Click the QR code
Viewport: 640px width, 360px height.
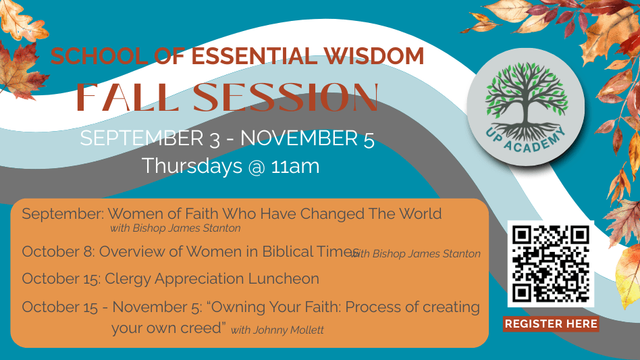pyautogui.click(x=551, y=263)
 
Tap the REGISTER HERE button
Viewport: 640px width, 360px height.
pyautogui.click(x=551, y=324)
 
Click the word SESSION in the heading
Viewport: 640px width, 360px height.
pyautogui.click(x=286, y=97)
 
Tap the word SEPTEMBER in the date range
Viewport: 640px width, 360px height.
pyautogui.click(x=142, y=138)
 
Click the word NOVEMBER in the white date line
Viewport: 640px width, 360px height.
pyautogui.click(x=299, y=138)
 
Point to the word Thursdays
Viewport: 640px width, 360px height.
pyautogui.click(x=192, y=166)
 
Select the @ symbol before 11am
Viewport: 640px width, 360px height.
pyautogui.click(x=257, y=167)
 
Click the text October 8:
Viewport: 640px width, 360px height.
pyautogui.click(x=58, y=251)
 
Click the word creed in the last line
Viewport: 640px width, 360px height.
pyautogui.click(x=203, y=328)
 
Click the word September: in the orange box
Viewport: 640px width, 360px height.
pyautogui.click(x=63, y=214)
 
